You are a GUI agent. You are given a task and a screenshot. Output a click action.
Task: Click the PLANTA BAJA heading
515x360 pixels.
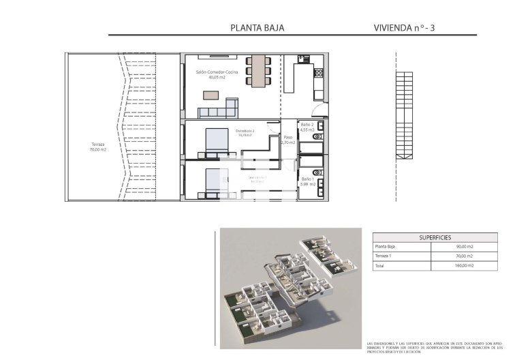(257, 28)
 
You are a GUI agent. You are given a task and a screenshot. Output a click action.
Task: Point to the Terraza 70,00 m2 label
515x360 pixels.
(97, 147)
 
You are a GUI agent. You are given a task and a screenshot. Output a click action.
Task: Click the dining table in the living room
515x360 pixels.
(258, 71)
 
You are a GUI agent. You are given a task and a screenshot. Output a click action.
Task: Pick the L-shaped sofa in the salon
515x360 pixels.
(221, 110)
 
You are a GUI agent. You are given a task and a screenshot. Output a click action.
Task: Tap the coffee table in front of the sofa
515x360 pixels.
(212, 95)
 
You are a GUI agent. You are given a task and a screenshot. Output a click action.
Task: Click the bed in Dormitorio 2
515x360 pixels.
(217, 141)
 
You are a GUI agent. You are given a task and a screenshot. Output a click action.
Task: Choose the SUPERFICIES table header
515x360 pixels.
(434, 237)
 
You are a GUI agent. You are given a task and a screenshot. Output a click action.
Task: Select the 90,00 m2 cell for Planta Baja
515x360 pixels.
(465, 246)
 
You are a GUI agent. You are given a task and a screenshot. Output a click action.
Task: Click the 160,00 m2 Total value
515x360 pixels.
(465, 266)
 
